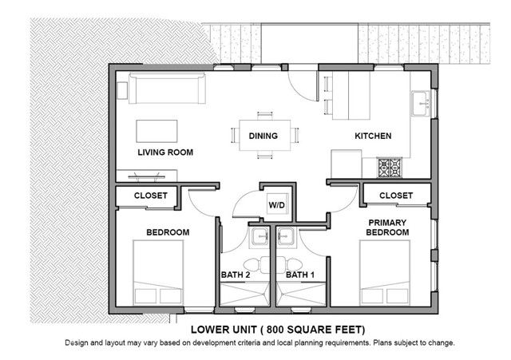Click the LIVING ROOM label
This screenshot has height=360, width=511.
coord(165,152)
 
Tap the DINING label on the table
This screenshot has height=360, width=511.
coord(263,136)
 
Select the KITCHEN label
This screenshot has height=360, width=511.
coord(373,136)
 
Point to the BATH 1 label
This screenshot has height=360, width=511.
coord(300,275)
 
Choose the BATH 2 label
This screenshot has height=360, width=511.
coord(236,275)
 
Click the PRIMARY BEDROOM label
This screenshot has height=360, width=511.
coord(387,227)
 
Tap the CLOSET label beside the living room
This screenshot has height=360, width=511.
coord(150,196)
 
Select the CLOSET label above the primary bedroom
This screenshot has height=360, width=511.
coord(396,196)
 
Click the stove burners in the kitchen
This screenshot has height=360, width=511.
coord(390,168)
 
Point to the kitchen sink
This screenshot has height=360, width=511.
coord(421,102)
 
